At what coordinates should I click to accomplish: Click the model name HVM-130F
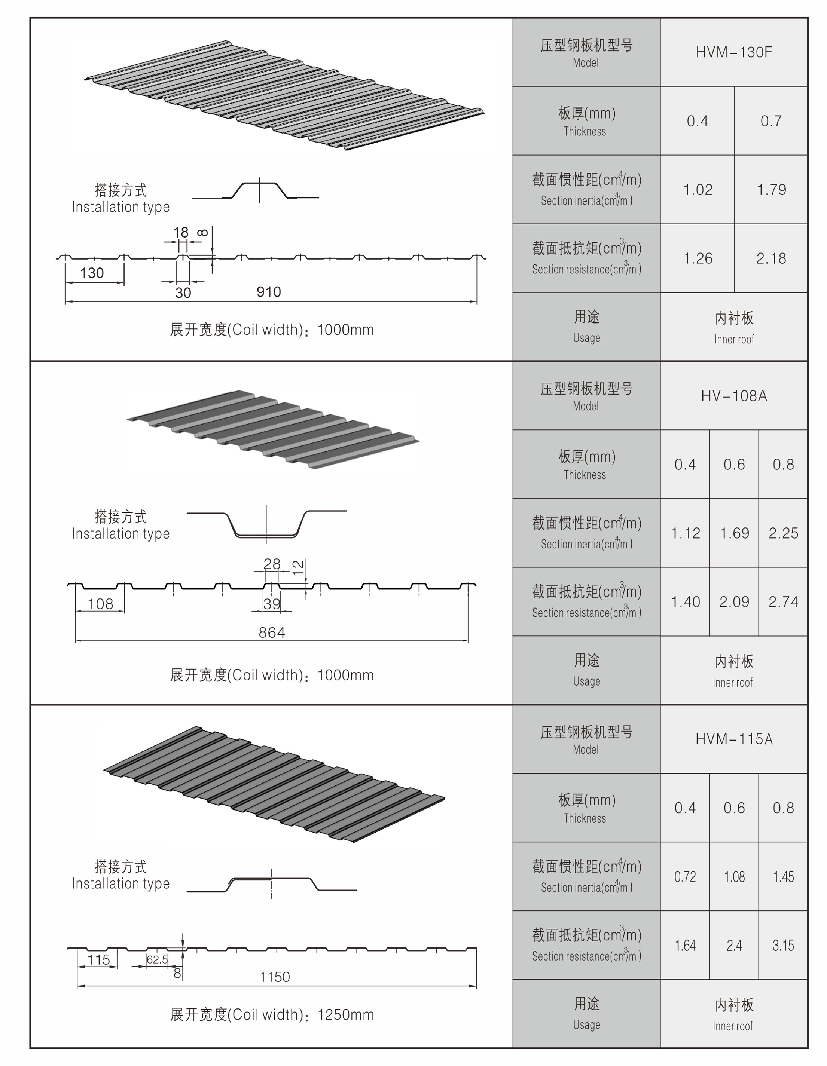pos(733,52)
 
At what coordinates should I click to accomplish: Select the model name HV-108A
pos(733,396)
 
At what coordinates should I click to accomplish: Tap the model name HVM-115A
pos(733,739)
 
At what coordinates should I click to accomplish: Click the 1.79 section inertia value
pos(771,190)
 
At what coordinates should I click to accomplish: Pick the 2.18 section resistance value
pos(771,259)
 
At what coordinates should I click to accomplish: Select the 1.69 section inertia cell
pos(734,533)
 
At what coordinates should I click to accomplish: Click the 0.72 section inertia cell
pos(684,877)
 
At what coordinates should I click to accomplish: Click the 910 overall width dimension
pos(269,292)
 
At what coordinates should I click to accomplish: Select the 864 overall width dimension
pos(271,632)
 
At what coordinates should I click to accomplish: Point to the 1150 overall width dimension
pos(274,977)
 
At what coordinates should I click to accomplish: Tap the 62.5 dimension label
pos(157,960)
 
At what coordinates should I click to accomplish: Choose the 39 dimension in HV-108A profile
pos(271,604)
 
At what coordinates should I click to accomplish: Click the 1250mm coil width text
pos(346,1015)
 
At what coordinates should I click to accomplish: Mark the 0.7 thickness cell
pos(771,121)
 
